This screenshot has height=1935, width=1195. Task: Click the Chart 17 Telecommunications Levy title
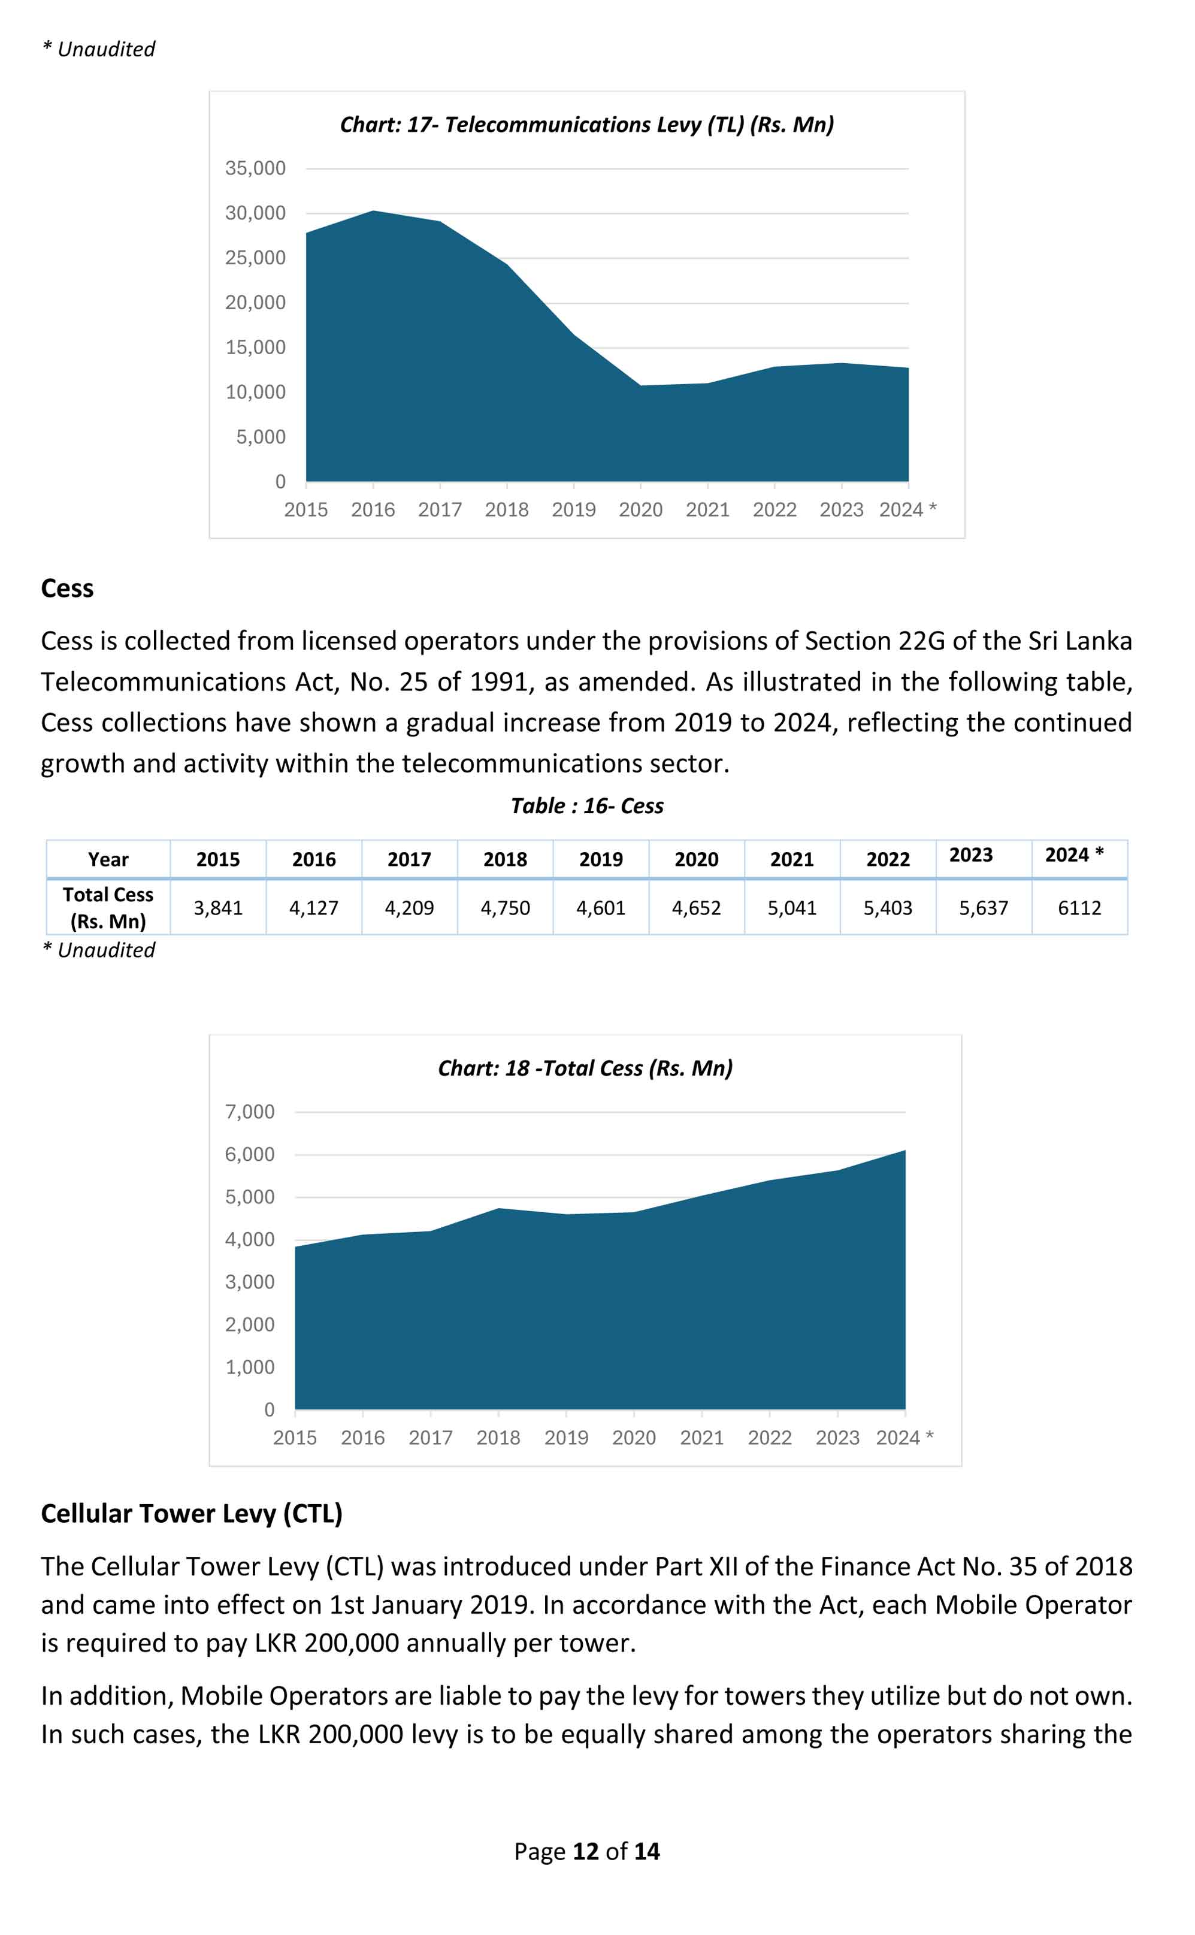pos(586,125)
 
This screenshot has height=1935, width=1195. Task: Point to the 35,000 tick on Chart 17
pos(255,168)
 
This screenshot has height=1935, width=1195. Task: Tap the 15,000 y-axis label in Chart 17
pos(255,347)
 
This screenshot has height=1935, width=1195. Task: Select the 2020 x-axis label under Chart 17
pos(640,510)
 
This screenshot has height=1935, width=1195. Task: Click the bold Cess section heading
pos(67,589)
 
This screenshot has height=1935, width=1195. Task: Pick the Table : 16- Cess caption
pos(586,806)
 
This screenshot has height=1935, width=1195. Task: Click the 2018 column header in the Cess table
pos(505,859)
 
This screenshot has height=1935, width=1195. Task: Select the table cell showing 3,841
pos(218,908)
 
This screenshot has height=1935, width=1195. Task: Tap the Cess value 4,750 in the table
pos(505,908)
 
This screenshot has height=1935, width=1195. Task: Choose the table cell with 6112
pos(1079,908)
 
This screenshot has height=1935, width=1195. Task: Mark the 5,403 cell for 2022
pos(888,908)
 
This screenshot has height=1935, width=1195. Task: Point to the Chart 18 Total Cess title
pos(585,1068)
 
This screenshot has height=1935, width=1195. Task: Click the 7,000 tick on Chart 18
pos(250,1112)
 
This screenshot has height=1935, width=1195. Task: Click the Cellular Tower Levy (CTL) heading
pos(191,1514)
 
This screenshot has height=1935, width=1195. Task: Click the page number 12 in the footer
pos(586,1852)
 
